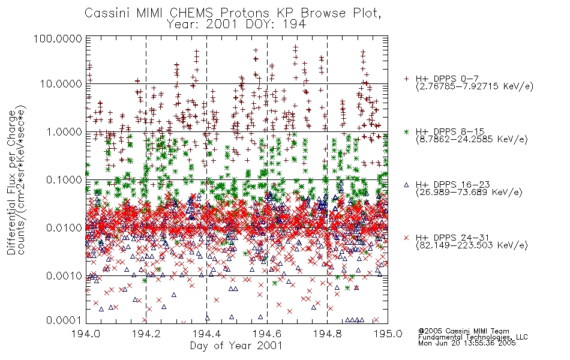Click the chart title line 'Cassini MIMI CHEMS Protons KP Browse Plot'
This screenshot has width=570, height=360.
pos(233,13)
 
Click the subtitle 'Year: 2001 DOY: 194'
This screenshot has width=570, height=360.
pos(236,25)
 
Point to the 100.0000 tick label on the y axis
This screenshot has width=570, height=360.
pos(58,38)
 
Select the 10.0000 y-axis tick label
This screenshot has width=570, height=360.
pos(61,84)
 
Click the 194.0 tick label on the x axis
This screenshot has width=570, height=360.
pos(86,334)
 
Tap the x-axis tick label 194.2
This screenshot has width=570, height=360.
pos(146,334)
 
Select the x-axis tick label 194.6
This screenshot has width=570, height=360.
pos(267,334)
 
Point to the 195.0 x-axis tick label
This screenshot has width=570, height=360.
pos(388,334)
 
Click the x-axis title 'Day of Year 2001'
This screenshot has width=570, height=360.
pos(236,346)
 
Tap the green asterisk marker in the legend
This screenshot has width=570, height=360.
pos(406,132)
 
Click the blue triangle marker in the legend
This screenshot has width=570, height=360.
pos(406,185)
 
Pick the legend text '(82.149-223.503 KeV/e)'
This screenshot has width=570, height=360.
pos(472,245)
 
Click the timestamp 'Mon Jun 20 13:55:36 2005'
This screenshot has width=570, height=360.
pos(467,343)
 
